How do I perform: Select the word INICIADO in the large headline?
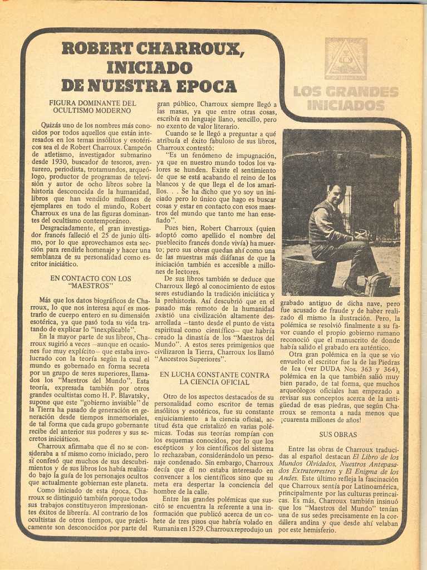coord(149,67)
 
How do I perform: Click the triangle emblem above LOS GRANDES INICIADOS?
coord(346,58)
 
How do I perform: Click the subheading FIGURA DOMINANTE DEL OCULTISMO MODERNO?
coord(92,107)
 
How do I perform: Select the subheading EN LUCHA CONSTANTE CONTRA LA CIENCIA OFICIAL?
coord(214,379)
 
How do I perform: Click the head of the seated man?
coord(336,194)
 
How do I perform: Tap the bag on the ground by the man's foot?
coord(378,284)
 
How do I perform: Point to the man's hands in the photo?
coord(362,236)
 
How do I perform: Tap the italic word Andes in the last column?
coord(288,478)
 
